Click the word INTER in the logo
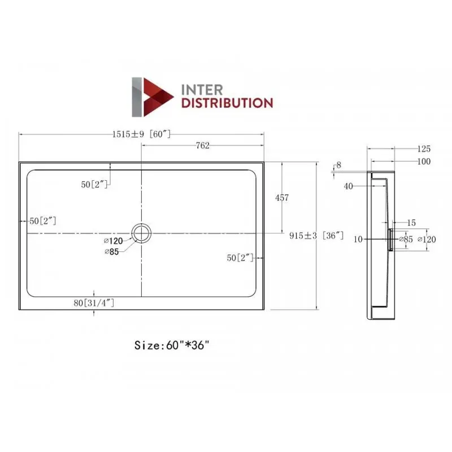pyautogui.click(x=202, y=90)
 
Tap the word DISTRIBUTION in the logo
pyautogui.click(x=227, y=103)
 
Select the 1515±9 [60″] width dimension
pyautogui.click(x=141, y=134)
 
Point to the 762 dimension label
pyautogui.click(x=202, y=146)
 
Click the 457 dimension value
pyautogui.click(x=281, y=198)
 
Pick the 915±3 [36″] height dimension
pyautogui.click(x=316, y=236)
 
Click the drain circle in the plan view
pyautogui.click(x=141, y=233)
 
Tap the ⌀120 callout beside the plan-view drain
pyautogui.click(x=114, y=241)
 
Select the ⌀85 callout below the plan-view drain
pyautogui.click(x=112, y=252)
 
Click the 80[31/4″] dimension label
pyautogui.click(x=94, y=303)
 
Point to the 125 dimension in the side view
pyautogui.click(x=424, y=149)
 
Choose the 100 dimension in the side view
pyautogui.click(x=424, y=162)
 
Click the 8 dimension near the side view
pyautogui.click(x=338, y=165)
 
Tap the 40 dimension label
pyautogui.click(x=348, y=186)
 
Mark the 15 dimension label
pyautogui.click(x=411, y=223)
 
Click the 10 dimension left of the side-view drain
pyautogui.click(x=358, y=239)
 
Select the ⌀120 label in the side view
pyautogui.click(x=427, y=239)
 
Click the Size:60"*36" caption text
pyautogui.click(x=172, y=345)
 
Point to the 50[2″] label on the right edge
pyautogui.click(x=240, y=258)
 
